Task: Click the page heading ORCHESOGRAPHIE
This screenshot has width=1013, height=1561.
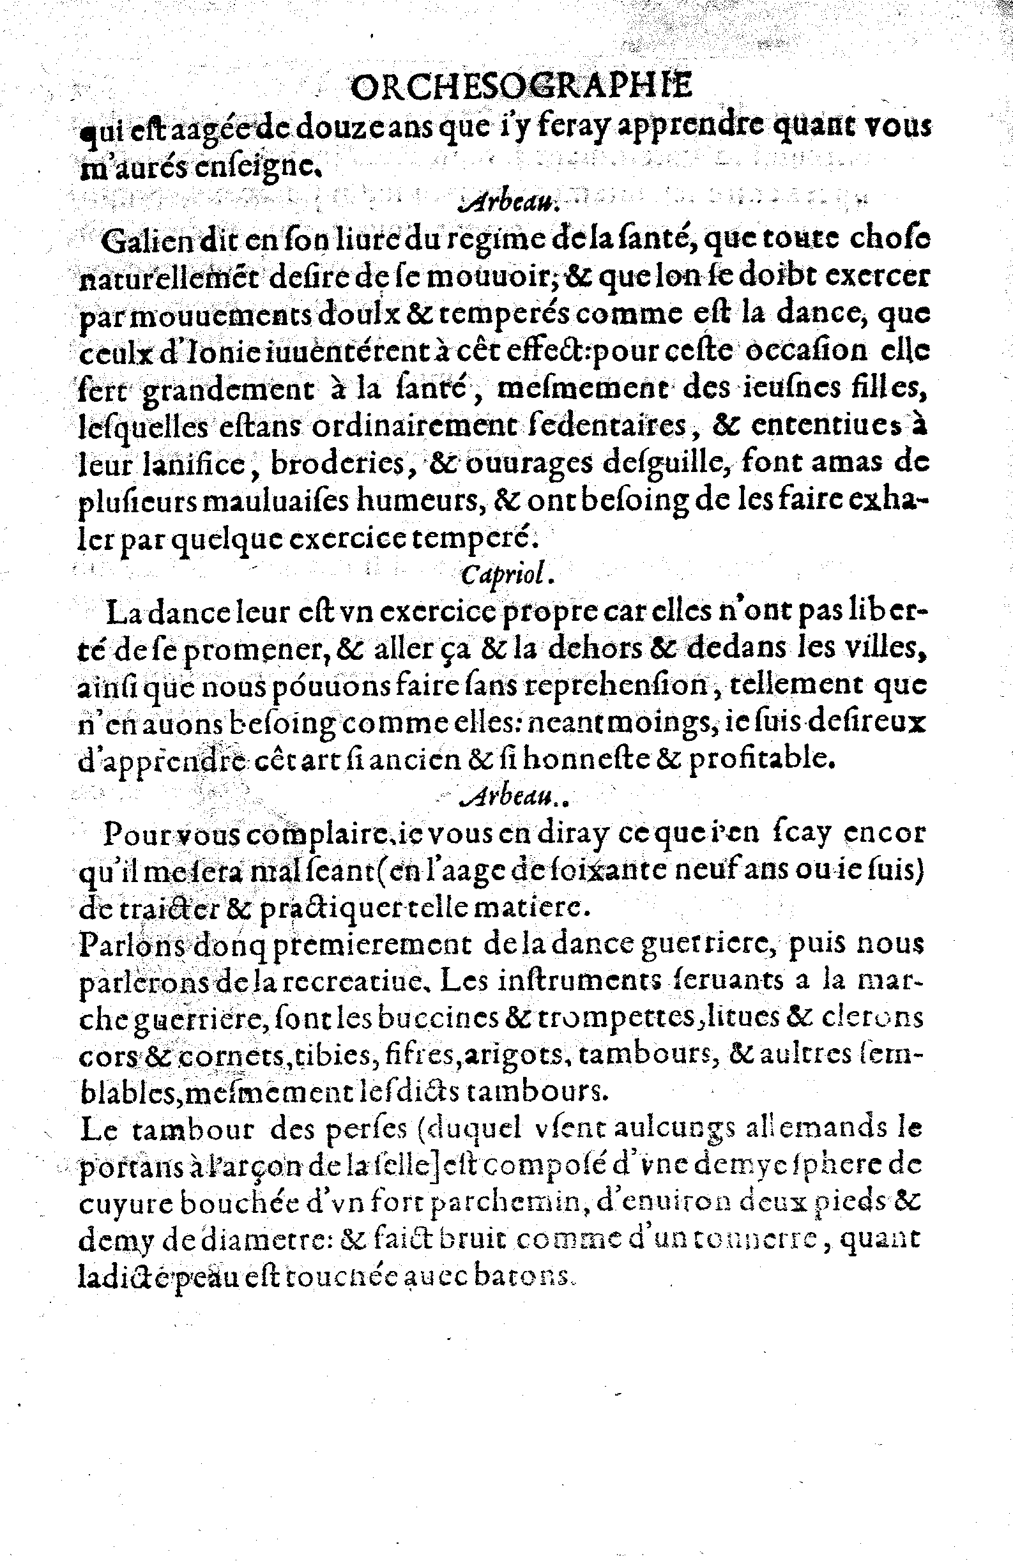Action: coord(522,88)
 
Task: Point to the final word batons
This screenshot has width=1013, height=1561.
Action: coord(524,1277)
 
